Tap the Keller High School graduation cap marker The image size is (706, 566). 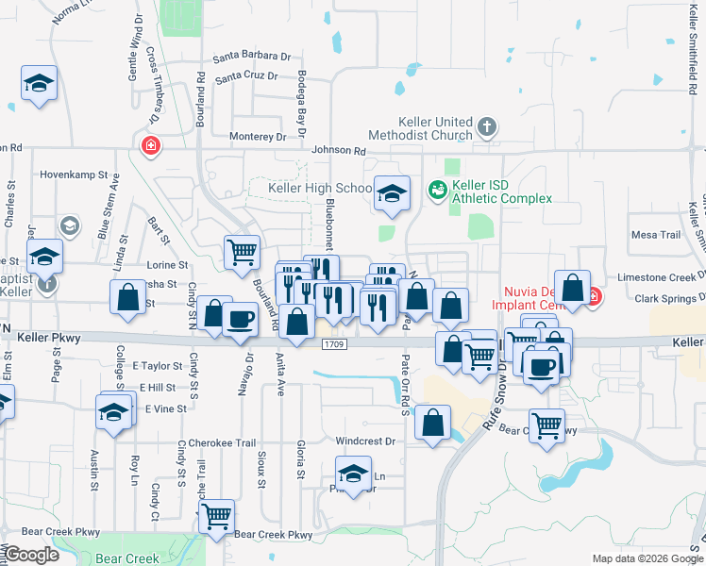(392, 194)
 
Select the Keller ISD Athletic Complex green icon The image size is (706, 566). (437, 191)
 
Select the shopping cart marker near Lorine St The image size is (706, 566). (243, 251)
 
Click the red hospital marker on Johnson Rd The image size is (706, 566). (149, 145)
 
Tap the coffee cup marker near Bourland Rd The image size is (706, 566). (241, 318)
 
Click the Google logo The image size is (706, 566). (32, 555)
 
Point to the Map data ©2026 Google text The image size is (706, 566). (647, 558)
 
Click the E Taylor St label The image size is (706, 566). (157, 365)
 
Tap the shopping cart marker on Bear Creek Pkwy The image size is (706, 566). (218, 516)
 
